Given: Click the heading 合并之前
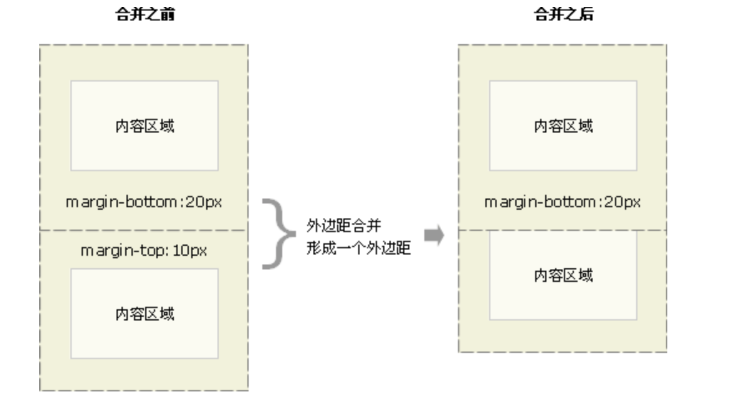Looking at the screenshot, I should (x=145, y=16).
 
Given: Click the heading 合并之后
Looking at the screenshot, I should (x=563, y=16).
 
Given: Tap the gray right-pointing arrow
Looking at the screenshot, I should (x=434, y=235).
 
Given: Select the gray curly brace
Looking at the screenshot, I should (x=277, y=234).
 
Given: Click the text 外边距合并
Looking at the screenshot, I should (x=343, y=225).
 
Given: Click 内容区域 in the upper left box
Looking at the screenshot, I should (x=145, y=126).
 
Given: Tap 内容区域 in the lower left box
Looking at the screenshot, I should (x=145, y=314).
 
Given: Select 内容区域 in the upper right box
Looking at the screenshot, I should (x=563, y=126).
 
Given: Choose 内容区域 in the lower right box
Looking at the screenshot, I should (x=563, y=275).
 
